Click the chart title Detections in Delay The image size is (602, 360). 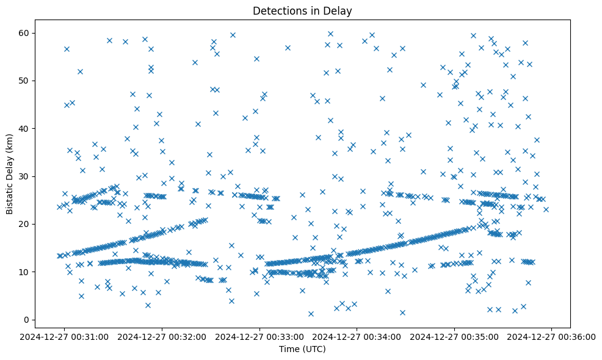[303, 11]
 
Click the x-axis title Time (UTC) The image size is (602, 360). [303, 349]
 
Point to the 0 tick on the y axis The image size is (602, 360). [27, 320]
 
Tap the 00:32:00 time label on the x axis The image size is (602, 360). [163, 336]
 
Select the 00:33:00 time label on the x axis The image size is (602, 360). [260, 336]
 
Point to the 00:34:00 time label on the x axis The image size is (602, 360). [357, 336]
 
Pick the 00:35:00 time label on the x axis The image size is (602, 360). [455, 336]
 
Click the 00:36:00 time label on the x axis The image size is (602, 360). [552, 336]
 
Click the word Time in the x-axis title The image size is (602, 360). [290, 349]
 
